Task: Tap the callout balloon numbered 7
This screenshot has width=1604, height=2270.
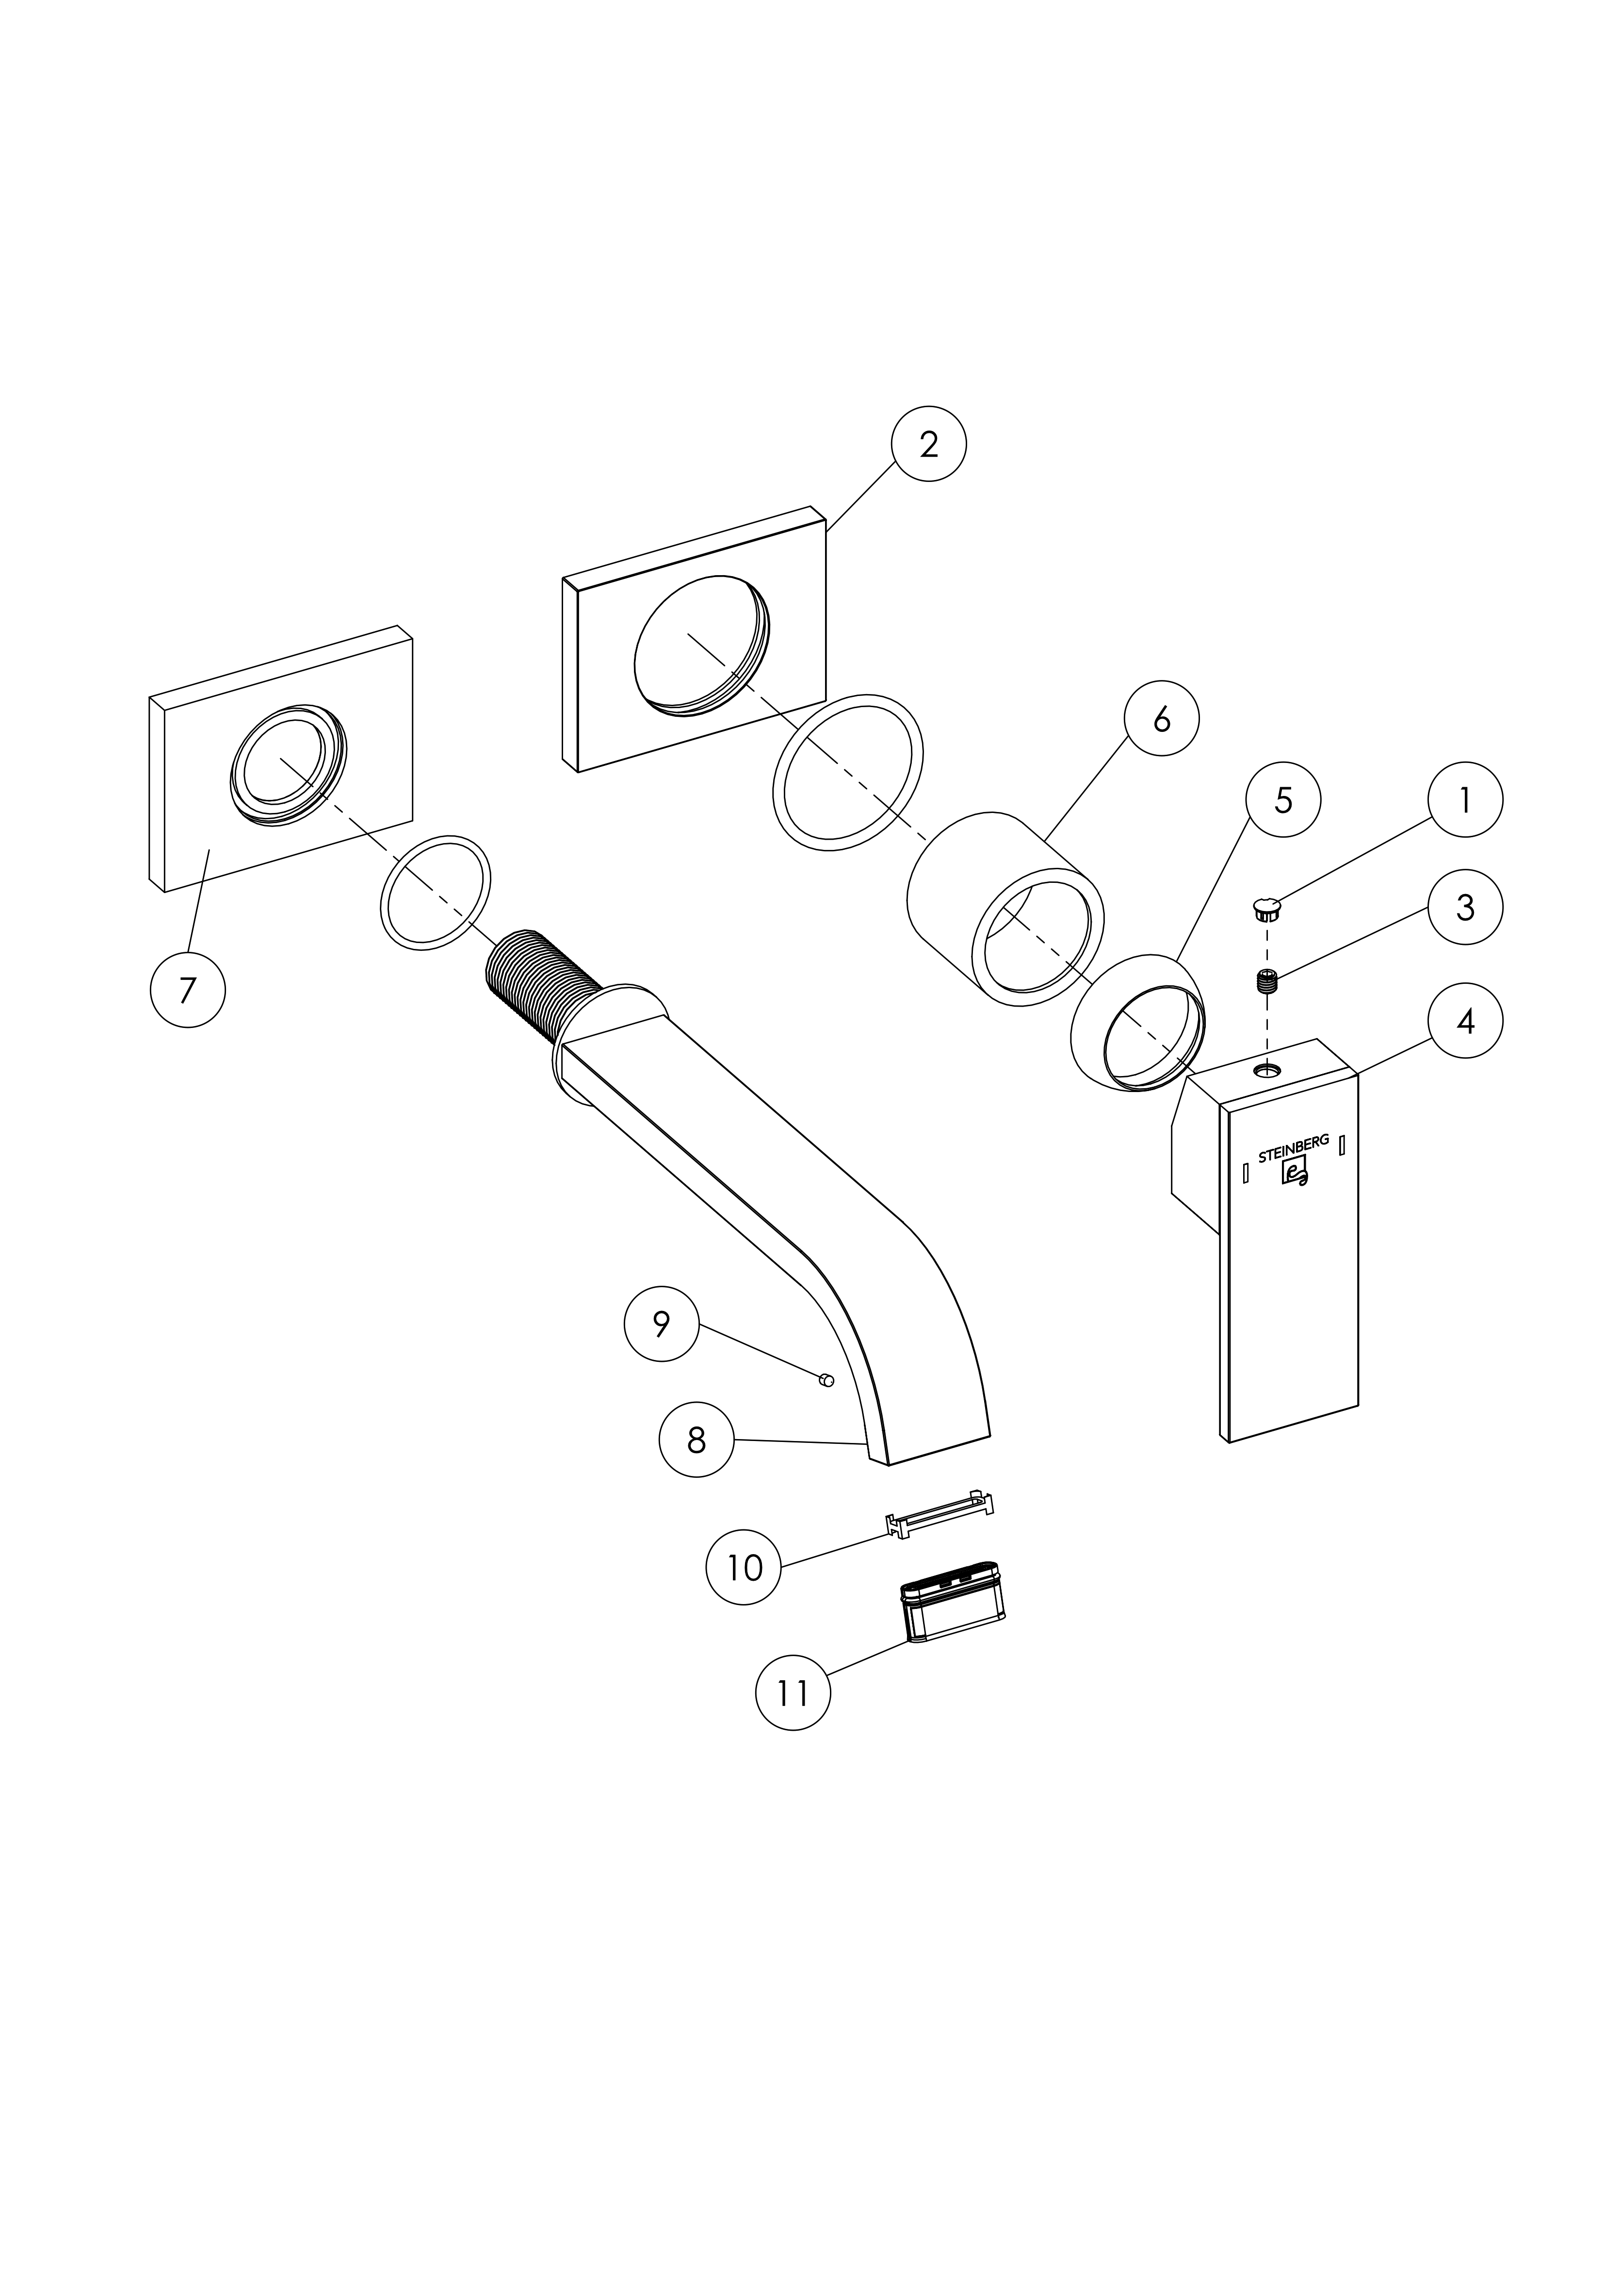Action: (x=188, y=990)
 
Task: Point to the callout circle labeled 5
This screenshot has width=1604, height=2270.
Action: (x=1283, y=800)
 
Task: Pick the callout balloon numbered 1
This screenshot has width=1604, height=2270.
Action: (x=1465, y=800)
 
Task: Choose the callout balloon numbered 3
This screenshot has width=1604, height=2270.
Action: (x=1465, y=907)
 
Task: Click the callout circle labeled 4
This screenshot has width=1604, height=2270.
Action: (x=1465, y=1020)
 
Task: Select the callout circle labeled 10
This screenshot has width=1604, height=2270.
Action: (x=744, y=1567)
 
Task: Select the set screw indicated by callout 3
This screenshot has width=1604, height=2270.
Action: (x=1268, y=982)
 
